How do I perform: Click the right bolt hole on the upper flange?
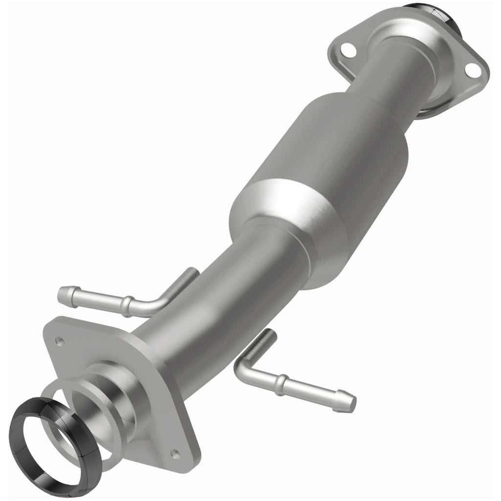[x=472, y=70]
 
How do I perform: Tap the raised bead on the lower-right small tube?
[x=279, y=385]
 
